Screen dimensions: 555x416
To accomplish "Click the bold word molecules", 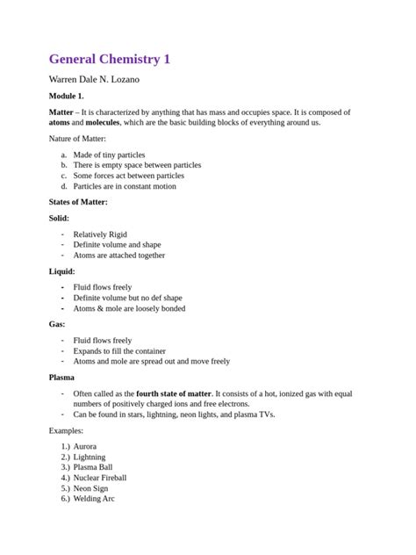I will [102, 123].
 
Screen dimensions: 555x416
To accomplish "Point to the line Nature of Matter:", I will [77, 139].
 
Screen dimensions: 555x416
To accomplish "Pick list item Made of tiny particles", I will [109, 155].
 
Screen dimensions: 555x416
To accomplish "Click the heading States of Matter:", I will [78, 202].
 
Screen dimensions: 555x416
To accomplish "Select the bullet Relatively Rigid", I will [105, 234].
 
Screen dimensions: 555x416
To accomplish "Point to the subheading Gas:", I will [57, 325].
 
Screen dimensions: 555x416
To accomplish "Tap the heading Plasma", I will [62, 378].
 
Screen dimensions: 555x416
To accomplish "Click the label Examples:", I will [66, 430].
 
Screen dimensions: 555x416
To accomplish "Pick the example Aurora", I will [85, 446].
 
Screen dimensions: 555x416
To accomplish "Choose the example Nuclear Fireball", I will [100, 478].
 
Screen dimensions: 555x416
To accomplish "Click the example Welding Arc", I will [94, 499].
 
